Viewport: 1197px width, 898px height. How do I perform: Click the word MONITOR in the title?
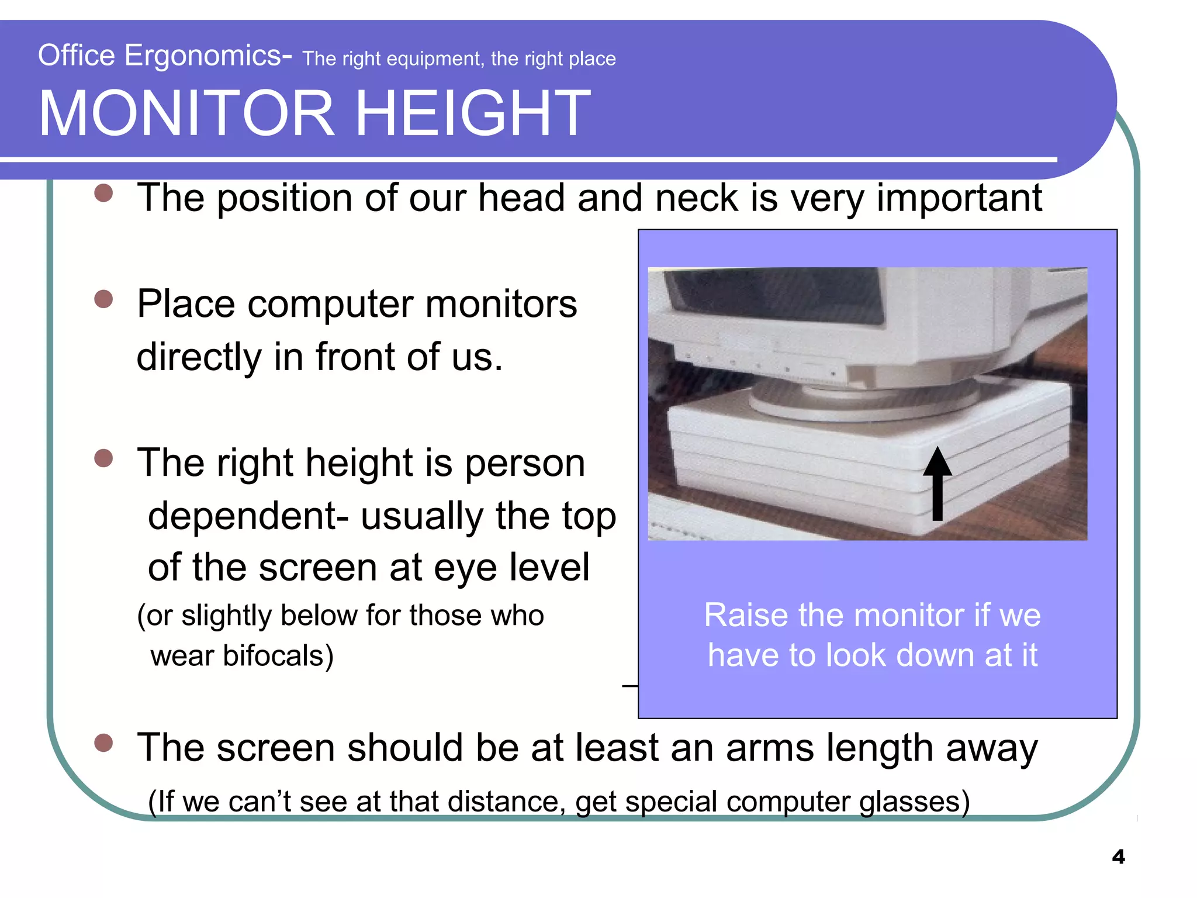coord(186,113)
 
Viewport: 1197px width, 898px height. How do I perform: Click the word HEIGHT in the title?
coord(473,113)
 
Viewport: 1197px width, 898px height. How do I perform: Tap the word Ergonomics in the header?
coord(202,56)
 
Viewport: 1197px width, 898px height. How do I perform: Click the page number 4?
coord(1118,857)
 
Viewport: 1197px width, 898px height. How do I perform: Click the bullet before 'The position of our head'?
coord(103,194)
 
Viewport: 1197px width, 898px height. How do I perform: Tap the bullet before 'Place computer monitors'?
coord(103,299)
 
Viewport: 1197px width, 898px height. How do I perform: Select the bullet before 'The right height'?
coord(103,458)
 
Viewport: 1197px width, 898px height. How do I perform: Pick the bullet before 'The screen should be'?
coord(103,743)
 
